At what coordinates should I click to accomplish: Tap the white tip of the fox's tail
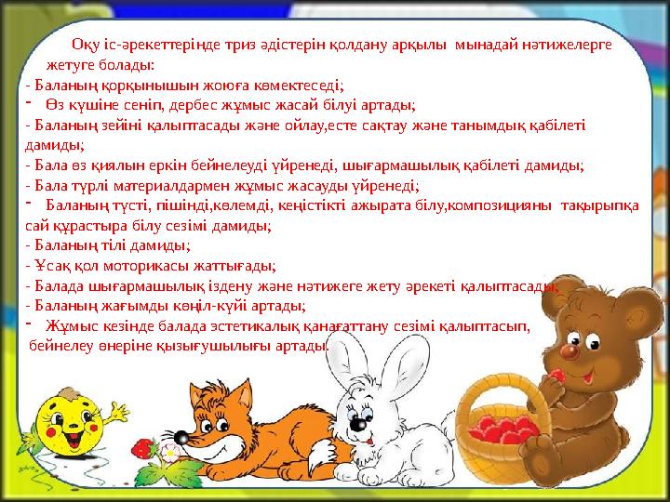coord(317,456)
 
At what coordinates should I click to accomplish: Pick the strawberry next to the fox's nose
coord(143,445)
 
